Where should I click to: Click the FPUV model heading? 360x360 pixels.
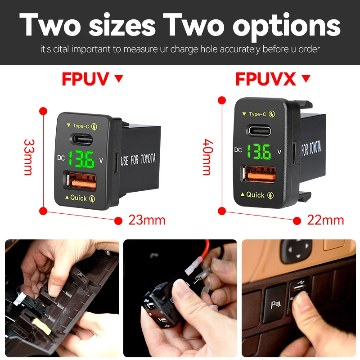point(85,79)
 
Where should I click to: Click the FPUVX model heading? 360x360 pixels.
point(265,79)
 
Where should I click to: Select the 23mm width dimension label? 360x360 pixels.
point(147,220)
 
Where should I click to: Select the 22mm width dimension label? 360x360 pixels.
point(325,220)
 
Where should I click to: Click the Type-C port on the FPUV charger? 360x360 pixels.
point(81,138)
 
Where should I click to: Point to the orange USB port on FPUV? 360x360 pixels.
point(82,182)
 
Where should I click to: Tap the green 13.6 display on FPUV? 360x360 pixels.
point(81,159)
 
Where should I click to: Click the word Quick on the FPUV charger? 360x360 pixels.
point(78,198)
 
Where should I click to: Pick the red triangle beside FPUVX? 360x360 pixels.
point(306,79)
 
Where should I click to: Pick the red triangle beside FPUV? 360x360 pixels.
point(119,79)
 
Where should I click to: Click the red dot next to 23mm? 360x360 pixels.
point(118,220)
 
